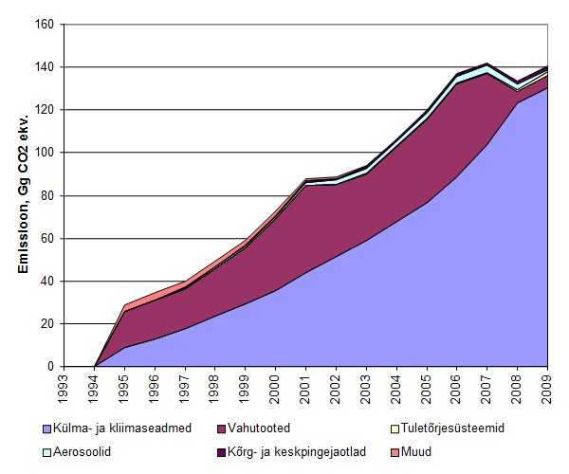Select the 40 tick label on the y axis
coord(45,281)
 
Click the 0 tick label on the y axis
coord(48,367)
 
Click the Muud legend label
coord(414,451)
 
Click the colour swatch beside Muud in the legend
coord(393,451)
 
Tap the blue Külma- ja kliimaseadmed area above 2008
coord(518,237)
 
